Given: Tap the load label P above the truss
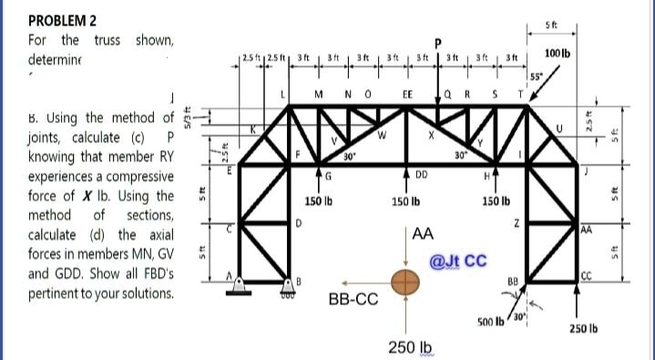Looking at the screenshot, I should coord(437,41).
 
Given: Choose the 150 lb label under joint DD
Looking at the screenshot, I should coord(406,200).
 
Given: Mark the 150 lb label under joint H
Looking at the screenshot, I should coord(496,200).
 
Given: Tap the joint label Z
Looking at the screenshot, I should coord(516,224).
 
